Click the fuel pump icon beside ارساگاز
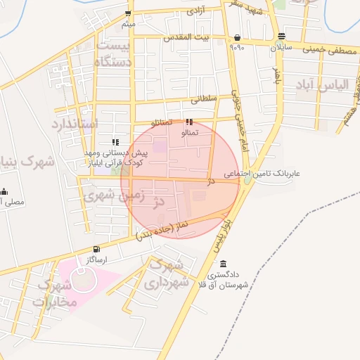(96, 249)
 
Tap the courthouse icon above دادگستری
(223, 264)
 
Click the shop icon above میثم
(127, 14)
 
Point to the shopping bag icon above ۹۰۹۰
(237, 38)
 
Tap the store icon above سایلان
(281, 36)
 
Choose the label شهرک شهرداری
(168, 274)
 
